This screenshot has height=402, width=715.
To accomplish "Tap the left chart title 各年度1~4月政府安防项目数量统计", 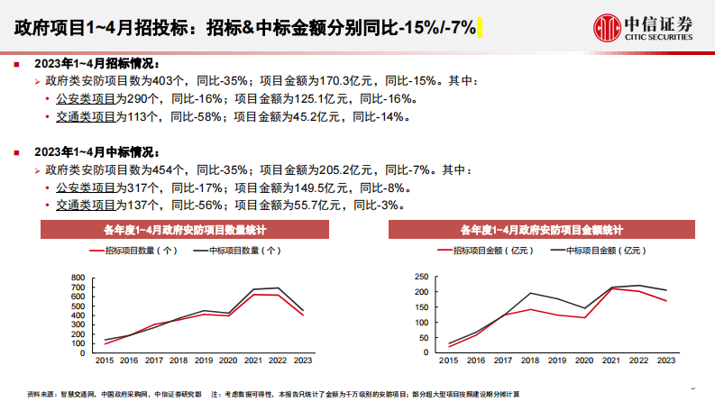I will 184,230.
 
